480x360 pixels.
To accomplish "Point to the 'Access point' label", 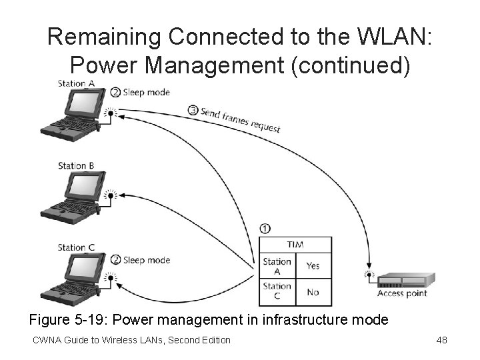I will point(402,293).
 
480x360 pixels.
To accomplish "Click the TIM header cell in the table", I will point(295,244).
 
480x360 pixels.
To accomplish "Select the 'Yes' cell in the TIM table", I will point(313,266).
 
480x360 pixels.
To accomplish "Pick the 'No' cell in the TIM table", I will point(313,292).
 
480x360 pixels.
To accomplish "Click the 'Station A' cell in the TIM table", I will point(277,267).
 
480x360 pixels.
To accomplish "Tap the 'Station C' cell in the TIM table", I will point(277,291).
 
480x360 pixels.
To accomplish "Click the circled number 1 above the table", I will point(265,229).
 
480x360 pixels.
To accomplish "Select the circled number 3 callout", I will point(193,110).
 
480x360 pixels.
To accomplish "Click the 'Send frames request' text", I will point(241,119).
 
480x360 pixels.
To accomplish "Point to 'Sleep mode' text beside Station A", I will point(146,93).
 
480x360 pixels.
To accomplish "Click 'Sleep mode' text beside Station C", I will point(146,260).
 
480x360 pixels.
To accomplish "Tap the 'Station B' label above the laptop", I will point(75,165).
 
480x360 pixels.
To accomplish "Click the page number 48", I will point(441,341).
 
